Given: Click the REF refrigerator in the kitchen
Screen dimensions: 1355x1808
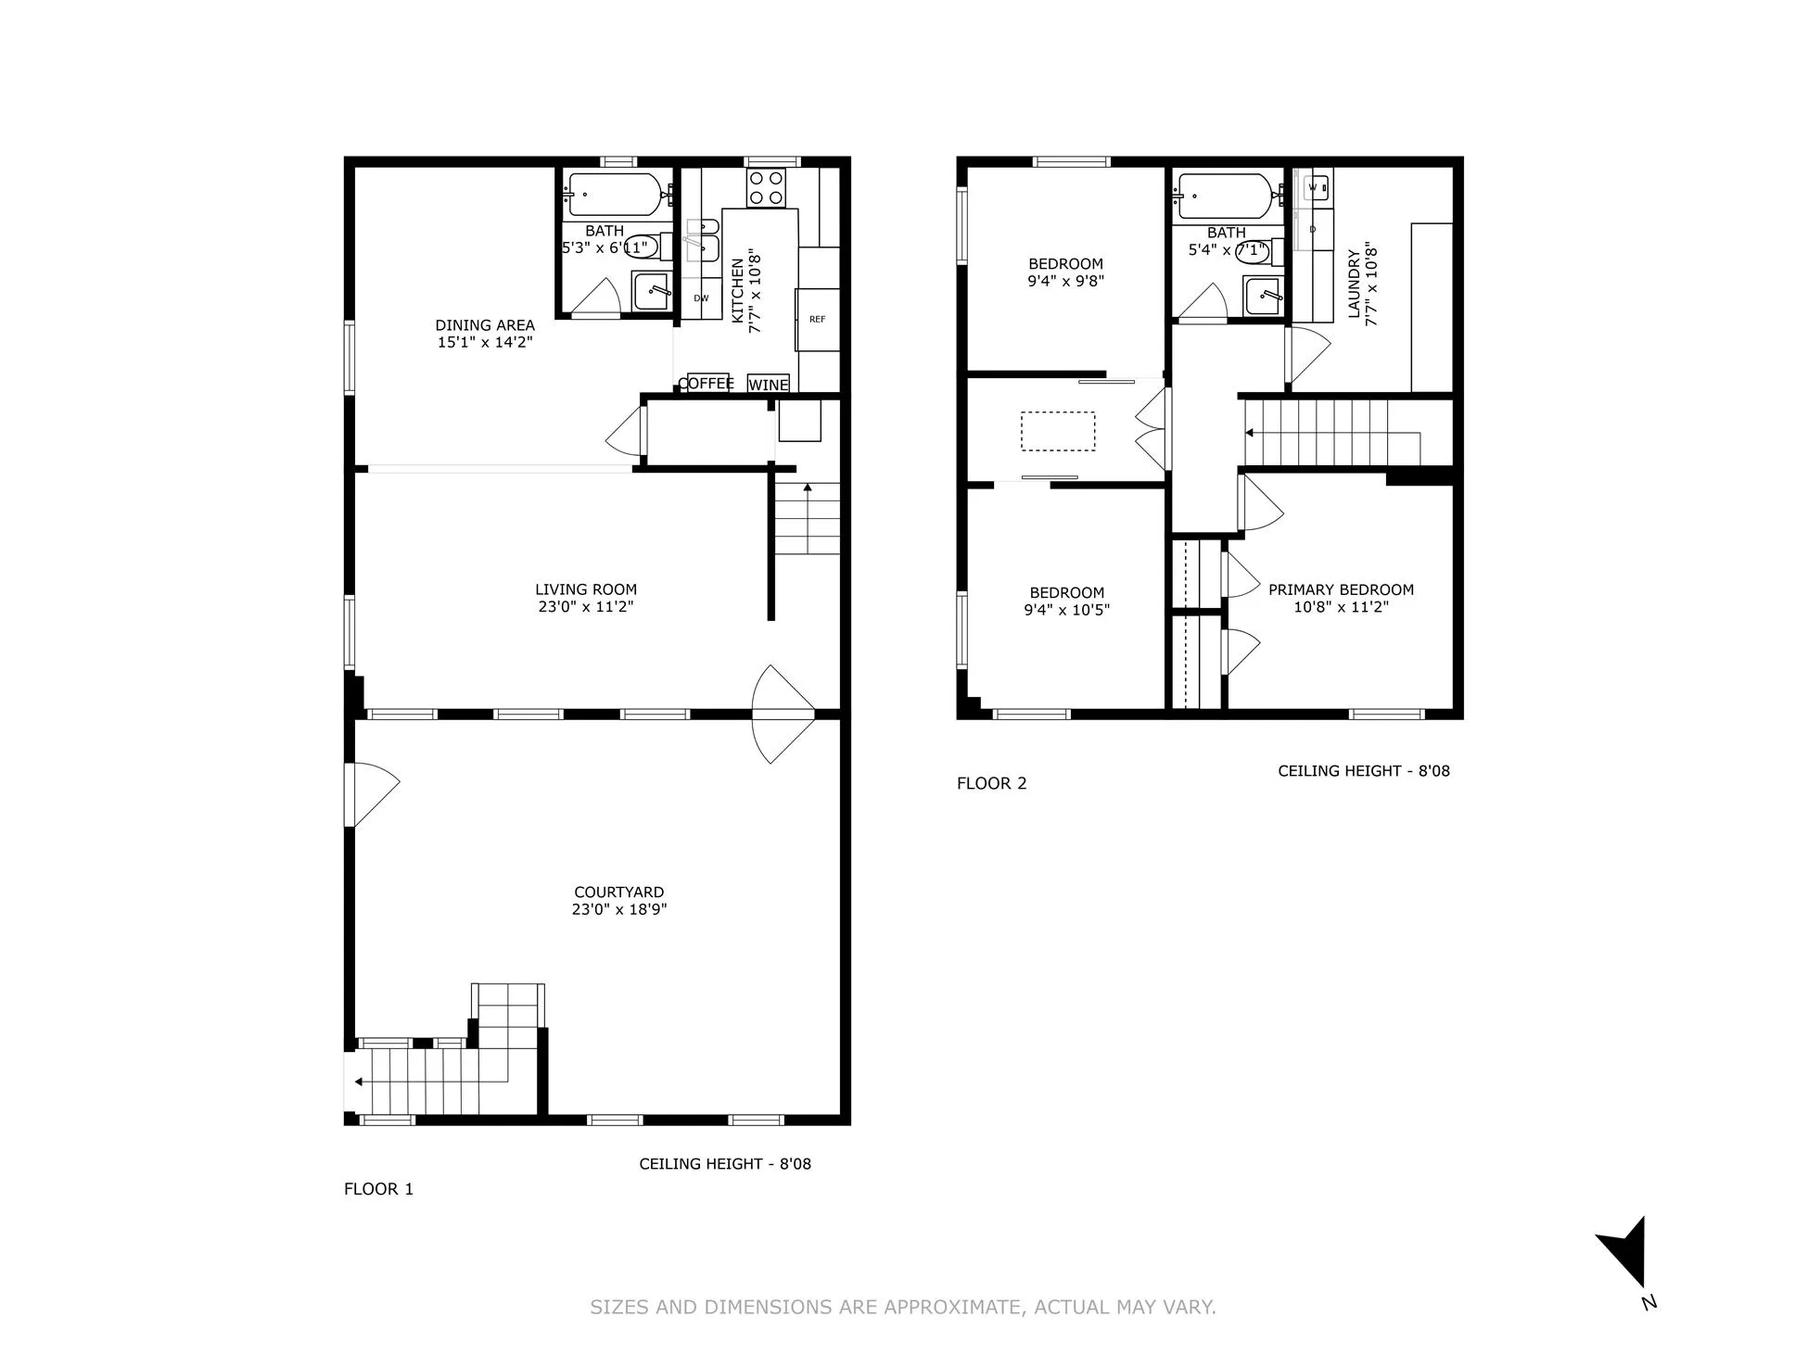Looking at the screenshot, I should pyautogui.click(x=817, y=320).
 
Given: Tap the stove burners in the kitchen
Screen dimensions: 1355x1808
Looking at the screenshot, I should pyautogui.click(x=767, y=188).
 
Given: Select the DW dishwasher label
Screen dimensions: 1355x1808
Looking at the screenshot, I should pyautogui.click(x=701, y=298).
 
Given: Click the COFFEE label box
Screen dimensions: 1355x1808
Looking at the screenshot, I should pyautogui.click(x=707, y=383).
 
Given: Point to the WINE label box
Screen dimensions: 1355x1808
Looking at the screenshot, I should pyautogui.click(x=769, y=384).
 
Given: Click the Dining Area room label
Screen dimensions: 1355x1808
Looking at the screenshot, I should pyautogui.click(x=485, y=325).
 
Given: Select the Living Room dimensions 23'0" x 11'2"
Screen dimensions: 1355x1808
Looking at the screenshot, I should pyautogui.click(x=585, y=607).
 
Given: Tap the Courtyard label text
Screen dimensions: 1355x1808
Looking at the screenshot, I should pyautogui.click(x=618, y=893).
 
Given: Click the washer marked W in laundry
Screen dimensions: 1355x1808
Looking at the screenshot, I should pyautogui.click(x=1313, y=187).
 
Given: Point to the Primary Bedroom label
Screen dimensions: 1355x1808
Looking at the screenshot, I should pyautogui.click(x=1341, y=589).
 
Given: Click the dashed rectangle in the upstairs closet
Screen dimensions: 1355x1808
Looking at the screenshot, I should pyautogui.click(x=1057, y=431).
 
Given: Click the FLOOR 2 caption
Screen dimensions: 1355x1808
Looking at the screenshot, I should pyautogui.click(x=991, y=783).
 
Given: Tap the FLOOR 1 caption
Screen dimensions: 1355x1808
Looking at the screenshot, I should pyautogui.click(x=378, y=1189).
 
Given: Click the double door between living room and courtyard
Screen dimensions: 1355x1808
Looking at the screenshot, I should pyautogui.click(x=783, y=714).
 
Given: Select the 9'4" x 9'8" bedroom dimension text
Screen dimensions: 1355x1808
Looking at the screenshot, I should pyautogui.click(x=1065, y=281).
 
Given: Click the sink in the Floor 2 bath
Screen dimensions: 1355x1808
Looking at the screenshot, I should pyautogui.click(x=1263, y=296).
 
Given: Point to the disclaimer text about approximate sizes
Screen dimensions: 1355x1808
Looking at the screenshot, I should pyautogui.click(x=903, y=1307).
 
